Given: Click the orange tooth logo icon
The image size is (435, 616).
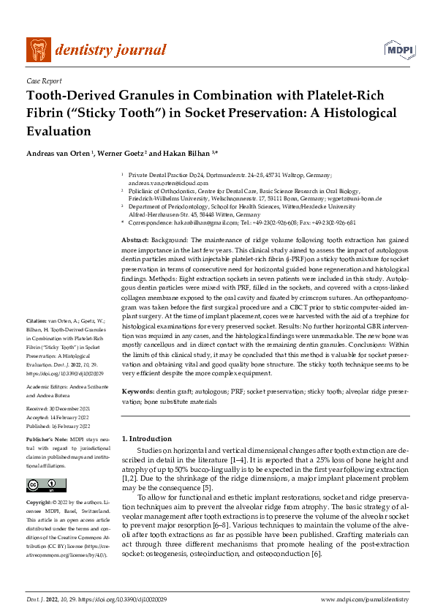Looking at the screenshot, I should (x=39, y=50).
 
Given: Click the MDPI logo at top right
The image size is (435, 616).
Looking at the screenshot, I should (x=396, y=50).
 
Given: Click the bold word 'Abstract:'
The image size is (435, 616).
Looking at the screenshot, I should (x=135, y=240).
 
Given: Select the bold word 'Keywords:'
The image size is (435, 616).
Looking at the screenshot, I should (x=137, y=393).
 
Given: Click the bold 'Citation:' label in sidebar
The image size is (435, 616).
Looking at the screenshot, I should (x=36, y=342).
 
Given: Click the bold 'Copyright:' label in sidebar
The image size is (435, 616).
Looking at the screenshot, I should (x=40, y=503).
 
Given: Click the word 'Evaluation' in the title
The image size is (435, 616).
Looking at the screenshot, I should (x=58, y=132).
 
